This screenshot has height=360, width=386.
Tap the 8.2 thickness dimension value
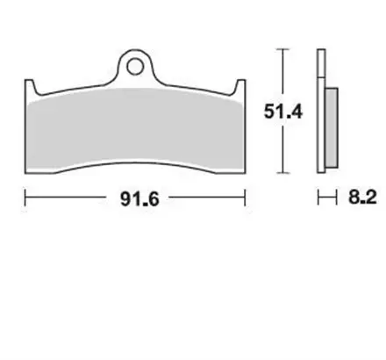362,198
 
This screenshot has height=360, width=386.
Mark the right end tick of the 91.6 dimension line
247,198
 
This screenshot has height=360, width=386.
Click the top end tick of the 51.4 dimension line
282,50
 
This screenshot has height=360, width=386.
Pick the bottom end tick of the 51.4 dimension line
282,172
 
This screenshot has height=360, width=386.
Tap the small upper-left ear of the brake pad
31,85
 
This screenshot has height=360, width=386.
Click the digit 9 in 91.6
119,199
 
